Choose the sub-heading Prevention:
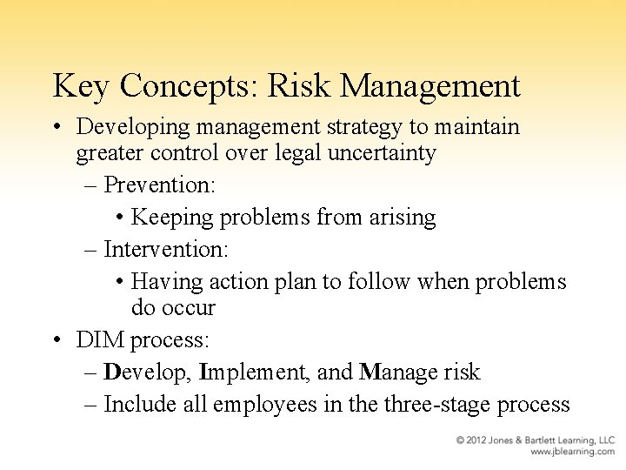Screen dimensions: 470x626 coord(160,185)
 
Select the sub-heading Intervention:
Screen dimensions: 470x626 coord(166,249)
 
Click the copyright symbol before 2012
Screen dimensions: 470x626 coord(462,440)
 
